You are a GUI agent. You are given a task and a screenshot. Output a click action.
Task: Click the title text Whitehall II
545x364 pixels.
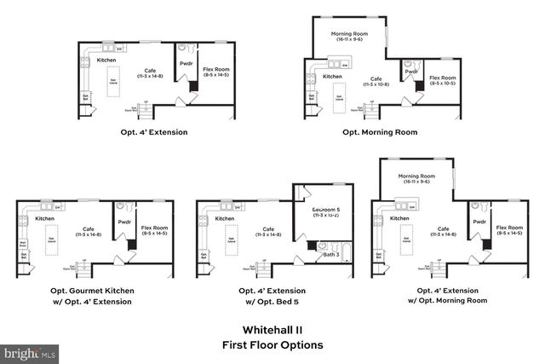point(272,330)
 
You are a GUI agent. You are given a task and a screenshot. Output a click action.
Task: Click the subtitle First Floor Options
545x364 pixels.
point(272,345)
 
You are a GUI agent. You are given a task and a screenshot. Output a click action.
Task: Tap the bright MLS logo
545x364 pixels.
point(30,351)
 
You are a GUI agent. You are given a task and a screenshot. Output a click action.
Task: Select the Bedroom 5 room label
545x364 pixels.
point(326,211)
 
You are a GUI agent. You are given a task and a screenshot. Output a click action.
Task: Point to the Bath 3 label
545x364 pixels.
point(330,254)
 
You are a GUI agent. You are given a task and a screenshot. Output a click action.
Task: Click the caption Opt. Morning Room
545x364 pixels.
point(380,132)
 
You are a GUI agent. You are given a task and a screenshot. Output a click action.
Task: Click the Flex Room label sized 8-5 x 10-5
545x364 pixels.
point(443,80)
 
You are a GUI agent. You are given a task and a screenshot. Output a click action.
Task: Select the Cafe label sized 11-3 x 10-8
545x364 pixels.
point(376,82)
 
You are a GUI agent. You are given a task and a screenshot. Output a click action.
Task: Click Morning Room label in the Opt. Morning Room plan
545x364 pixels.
point(349,36)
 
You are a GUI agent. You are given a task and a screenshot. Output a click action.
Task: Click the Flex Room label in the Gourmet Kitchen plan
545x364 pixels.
point(155,229)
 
